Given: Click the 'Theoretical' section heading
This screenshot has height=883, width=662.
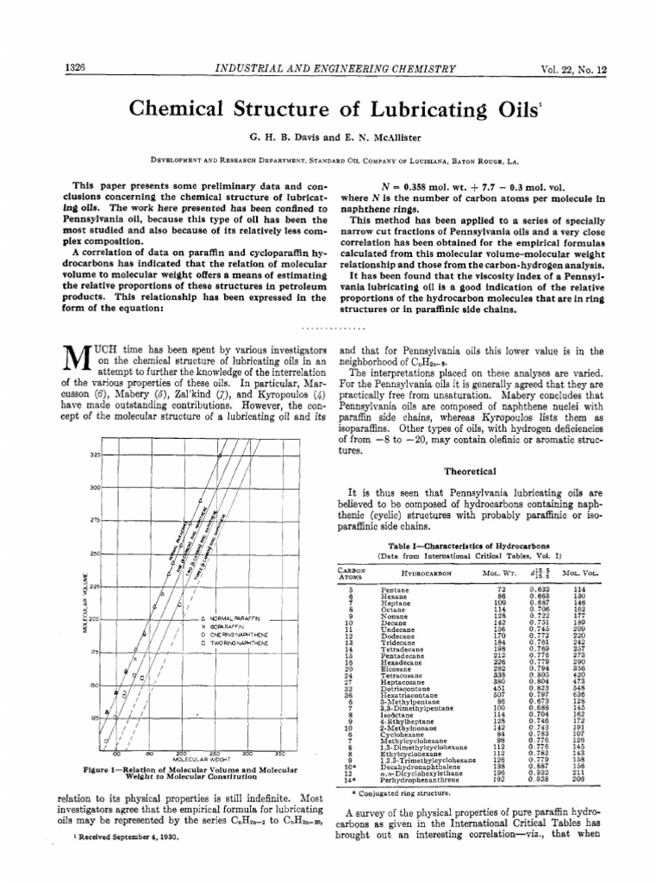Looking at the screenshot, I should point(470,472).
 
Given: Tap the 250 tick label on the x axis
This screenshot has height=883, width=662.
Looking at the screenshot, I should point(215,753).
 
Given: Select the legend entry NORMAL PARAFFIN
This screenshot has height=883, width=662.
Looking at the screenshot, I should point(235,619).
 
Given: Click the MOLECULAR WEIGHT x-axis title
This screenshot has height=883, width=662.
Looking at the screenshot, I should point(201,759).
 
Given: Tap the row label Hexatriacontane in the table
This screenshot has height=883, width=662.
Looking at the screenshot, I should point(410,694).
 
